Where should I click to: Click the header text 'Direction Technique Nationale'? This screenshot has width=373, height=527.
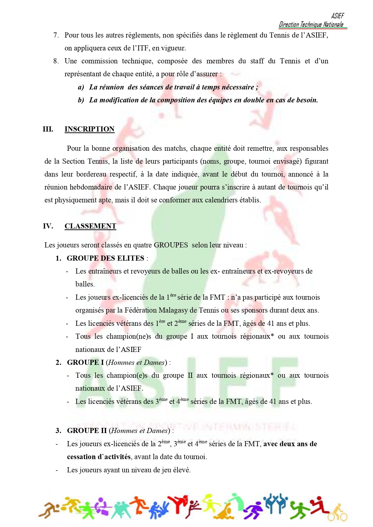311,24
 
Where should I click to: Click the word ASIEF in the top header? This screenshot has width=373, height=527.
338,16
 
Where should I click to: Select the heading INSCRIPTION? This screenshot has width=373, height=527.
90,129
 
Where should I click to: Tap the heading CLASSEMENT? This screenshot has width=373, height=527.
90,226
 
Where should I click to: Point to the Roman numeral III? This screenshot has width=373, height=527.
48,129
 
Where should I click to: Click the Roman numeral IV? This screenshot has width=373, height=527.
48,226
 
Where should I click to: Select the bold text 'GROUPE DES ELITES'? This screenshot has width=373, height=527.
105,258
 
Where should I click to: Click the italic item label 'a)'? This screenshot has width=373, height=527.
81,87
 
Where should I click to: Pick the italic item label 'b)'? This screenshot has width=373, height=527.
81,100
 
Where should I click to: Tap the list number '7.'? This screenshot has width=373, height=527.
56,35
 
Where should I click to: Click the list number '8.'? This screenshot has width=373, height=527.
56,61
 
